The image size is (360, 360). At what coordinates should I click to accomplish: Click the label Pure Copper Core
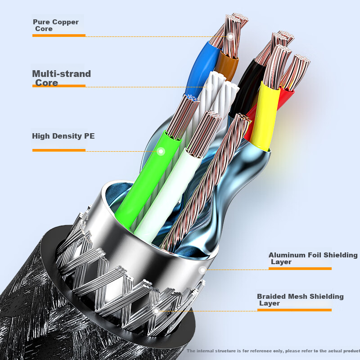55,25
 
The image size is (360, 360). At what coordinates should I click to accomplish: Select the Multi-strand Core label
61,78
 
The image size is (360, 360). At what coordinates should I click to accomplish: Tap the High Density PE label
63,136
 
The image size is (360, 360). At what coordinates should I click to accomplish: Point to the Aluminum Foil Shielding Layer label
313,258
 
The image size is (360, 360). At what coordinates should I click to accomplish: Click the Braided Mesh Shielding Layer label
300,300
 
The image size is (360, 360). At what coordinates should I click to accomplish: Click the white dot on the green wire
161,151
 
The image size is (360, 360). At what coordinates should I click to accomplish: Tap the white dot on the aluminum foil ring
202,270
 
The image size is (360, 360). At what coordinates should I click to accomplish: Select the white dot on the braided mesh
156,310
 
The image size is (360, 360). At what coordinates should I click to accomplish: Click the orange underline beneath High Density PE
58,150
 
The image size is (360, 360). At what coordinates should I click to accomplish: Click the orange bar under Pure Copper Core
58,35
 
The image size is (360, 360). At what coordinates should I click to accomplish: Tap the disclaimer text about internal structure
273,351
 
